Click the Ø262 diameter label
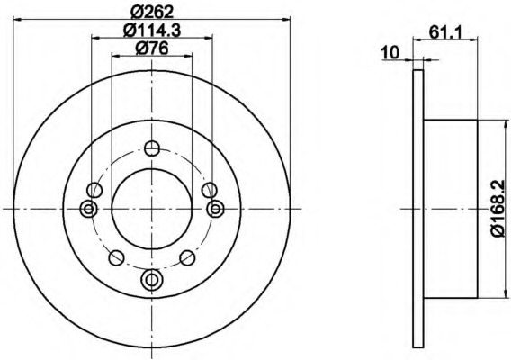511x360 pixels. click(151, 12)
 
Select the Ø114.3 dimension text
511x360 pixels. click(151, 30)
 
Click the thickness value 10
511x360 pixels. click(390, 52)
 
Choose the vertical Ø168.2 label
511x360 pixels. click(498, 210)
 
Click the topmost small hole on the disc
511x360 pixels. click(151, 148)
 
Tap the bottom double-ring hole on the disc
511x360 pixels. click(151, 279)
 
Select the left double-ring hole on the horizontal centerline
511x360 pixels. click(88, 209)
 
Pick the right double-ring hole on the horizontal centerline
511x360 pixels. click(215, 209)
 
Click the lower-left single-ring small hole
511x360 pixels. click(115, 258)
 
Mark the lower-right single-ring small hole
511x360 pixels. click(187, 258)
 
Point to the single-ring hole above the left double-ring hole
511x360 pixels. click(94, 190)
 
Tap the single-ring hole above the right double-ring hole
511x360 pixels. click(209, 190)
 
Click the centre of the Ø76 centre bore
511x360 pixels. click(151, 209)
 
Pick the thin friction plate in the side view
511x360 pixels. click(417, 209)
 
